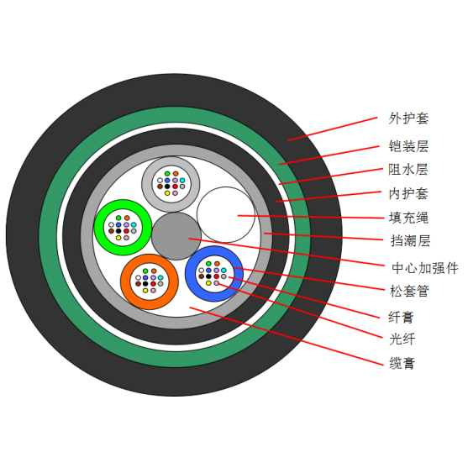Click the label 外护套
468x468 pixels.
tap(408, 118)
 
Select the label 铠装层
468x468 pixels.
tap(408, 146)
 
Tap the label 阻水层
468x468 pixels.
tap(408, 170)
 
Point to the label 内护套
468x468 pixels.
tap(408, 194)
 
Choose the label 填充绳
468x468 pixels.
tap(408, 218)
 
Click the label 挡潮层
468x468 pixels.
tap(410, 241)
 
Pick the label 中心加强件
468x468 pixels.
tap(425, 268)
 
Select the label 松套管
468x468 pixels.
tap(409, 291)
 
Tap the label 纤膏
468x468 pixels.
tap(401, 317)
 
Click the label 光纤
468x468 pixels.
tap(402, 339)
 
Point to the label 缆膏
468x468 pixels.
tap(402, 363)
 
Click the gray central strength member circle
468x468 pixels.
tap(176, 236)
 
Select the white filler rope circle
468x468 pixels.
tap(226, 214)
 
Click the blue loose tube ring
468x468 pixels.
tap(191, 274)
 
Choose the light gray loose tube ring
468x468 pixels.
tap(146, 184)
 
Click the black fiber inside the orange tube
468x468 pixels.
tap(145, 283)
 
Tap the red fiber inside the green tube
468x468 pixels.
tap(126, 231)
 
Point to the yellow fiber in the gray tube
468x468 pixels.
tap(167, 193)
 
